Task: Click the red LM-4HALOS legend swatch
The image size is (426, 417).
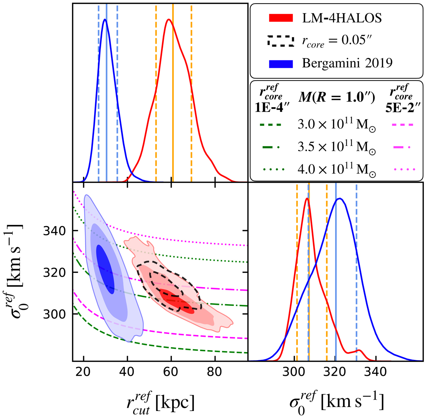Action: pyautogui.click(x=280, y=18)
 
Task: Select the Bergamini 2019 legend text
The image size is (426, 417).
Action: pyautogui.click(x=347, y=63)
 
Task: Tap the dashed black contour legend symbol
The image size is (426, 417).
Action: pyautogui.click(x=280, y=41)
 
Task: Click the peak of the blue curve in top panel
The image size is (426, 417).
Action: pyautogui.click(x=105, y=20)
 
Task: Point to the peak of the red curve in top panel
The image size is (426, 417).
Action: pyautogui.click(x=169, y=20)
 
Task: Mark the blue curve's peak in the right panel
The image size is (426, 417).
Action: pyautogui.click(x=340, y=198)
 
